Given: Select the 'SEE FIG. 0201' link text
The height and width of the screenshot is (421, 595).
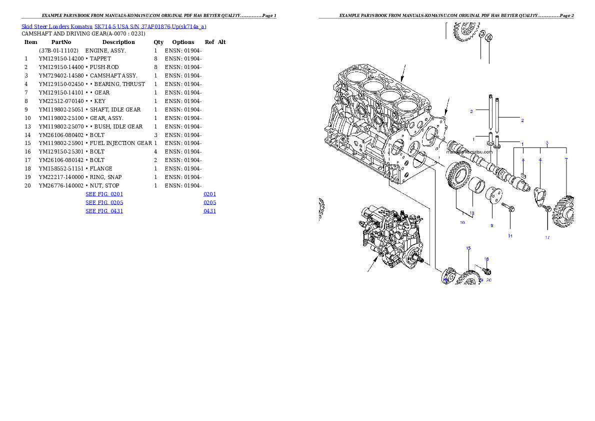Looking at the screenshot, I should pyautogui.click(x=104, y=193).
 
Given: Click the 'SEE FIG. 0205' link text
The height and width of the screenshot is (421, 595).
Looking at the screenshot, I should pyautogui.click(x=104, y=202).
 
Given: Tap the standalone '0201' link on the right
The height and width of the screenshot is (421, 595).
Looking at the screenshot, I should pyautogui.click(x=209, y=193).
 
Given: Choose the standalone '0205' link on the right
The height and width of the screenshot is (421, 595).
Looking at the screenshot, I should pyautogui.click(x=209, y=202).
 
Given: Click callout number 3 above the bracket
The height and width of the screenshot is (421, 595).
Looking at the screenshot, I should pyautogui.click(x=547, y=143).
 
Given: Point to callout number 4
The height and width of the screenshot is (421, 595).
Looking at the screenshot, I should pyautogui.click(x=540, y=159).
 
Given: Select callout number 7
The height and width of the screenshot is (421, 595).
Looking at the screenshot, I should pyautogui.click(x=566, y=159).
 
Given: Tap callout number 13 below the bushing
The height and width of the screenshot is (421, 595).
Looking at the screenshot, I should pyautogui.click(x=471, y=213).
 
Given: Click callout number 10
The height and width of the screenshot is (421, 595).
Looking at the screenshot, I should pyautogui.click(x=462, y=222).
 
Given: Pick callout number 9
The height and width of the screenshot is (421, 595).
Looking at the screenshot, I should pyautogui.click(x=491, y=225).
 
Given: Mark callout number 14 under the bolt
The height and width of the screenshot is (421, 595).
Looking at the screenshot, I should pyautogui.click(x=510, y=235).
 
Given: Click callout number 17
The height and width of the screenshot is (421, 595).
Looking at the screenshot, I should pyautogui.click(x=547, y=237).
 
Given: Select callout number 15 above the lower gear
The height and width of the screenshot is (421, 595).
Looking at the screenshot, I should pyautogui.click(x=468, y=248).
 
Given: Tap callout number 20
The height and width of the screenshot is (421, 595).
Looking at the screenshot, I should pyautogui.click(x=489, y=280).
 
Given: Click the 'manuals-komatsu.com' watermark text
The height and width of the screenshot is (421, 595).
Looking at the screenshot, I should pyautogui.click(x=469, y=152).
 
